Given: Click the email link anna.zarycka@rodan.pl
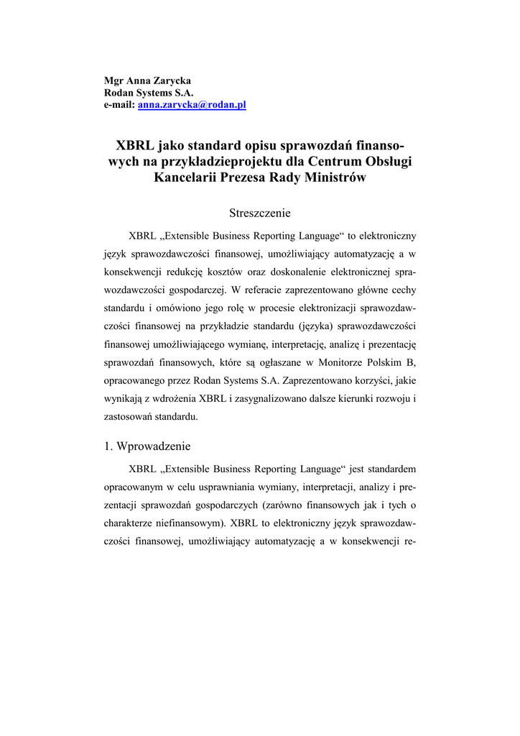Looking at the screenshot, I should click(x=192, y=105).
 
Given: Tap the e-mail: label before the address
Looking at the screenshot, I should click(x=120, y=105).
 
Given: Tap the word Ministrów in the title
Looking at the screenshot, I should click(x=338, y=177).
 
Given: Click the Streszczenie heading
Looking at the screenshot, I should click(x=260, y=213).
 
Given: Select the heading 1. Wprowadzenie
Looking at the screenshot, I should click(x=147, y=446).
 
